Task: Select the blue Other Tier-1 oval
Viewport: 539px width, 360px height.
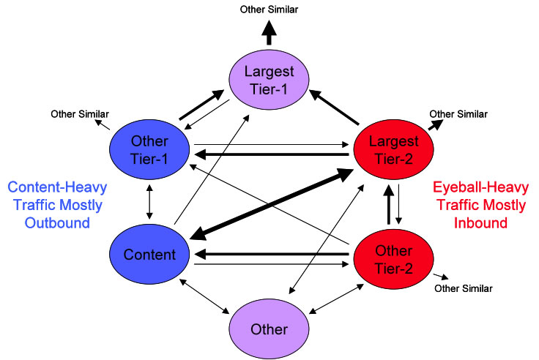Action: pos(149,148)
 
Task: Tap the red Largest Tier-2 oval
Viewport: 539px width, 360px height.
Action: pos(394,148)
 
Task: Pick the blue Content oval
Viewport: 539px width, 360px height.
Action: pos(149,255)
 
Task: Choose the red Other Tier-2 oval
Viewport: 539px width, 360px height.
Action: pos(394,259)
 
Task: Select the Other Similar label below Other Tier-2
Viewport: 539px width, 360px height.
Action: pos(464,288)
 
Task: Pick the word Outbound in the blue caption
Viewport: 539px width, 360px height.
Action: pos(56,222)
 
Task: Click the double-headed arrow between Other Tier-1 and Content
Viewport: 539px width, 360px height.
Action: pos(149,201)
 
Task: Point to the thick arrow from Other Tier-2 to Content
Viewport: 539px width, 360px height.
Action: pos(271,255)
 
